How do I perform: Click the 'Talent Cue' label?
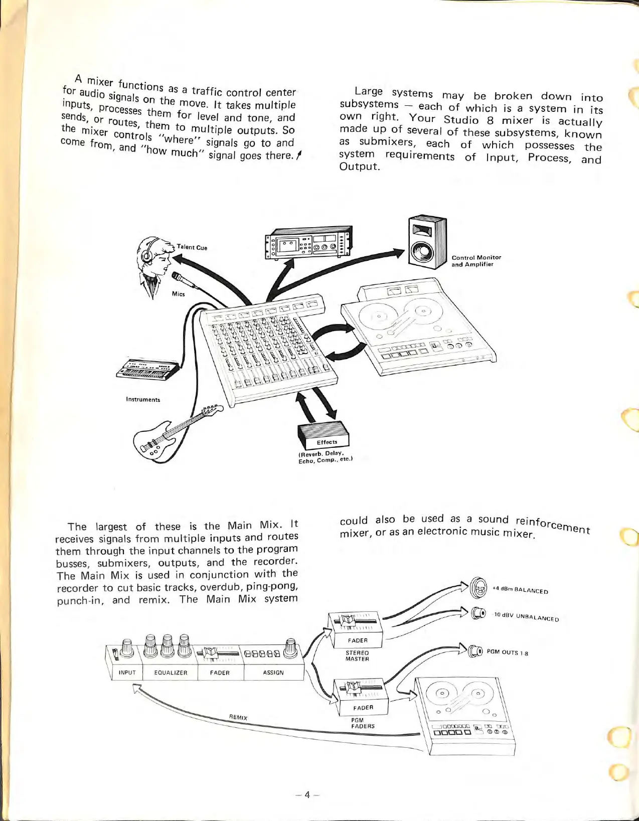point(192,247)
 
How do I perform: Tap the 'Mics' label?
point(179,294)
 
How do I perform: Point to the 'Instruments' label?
point(143,400)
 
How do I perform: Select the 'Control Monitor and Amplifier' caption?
point(476,261)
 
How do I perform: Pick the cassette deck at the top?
point(308,243)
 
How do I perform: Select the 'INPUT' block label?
point(127,673)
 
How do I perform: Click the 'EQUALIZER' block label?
point(171,673)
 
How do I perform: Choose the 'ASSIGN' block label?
point(273,673)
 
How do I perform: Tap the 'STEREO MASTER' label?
point(357,656)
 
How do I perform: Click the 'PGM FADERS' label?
point(363,723)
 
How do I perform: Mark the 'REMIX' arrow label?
point(239,717)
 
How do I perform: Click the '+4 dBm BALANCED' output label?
point(520,590)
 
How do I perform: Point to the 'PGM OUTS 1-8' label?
point(507,652)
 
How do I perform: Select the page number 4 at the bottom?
point(307,794)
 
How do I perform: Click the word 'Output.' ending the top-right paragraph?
point(359,167)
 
